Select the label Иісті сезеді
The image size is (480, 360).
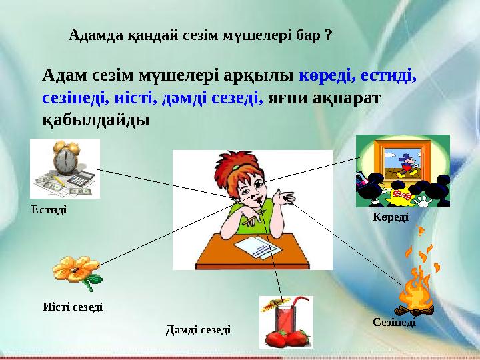(x=72, y=307)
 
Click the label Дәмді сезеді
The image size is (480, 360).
(x=198, y=329)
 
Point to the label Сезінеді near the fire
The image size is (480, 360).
(x=393, y=322)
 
